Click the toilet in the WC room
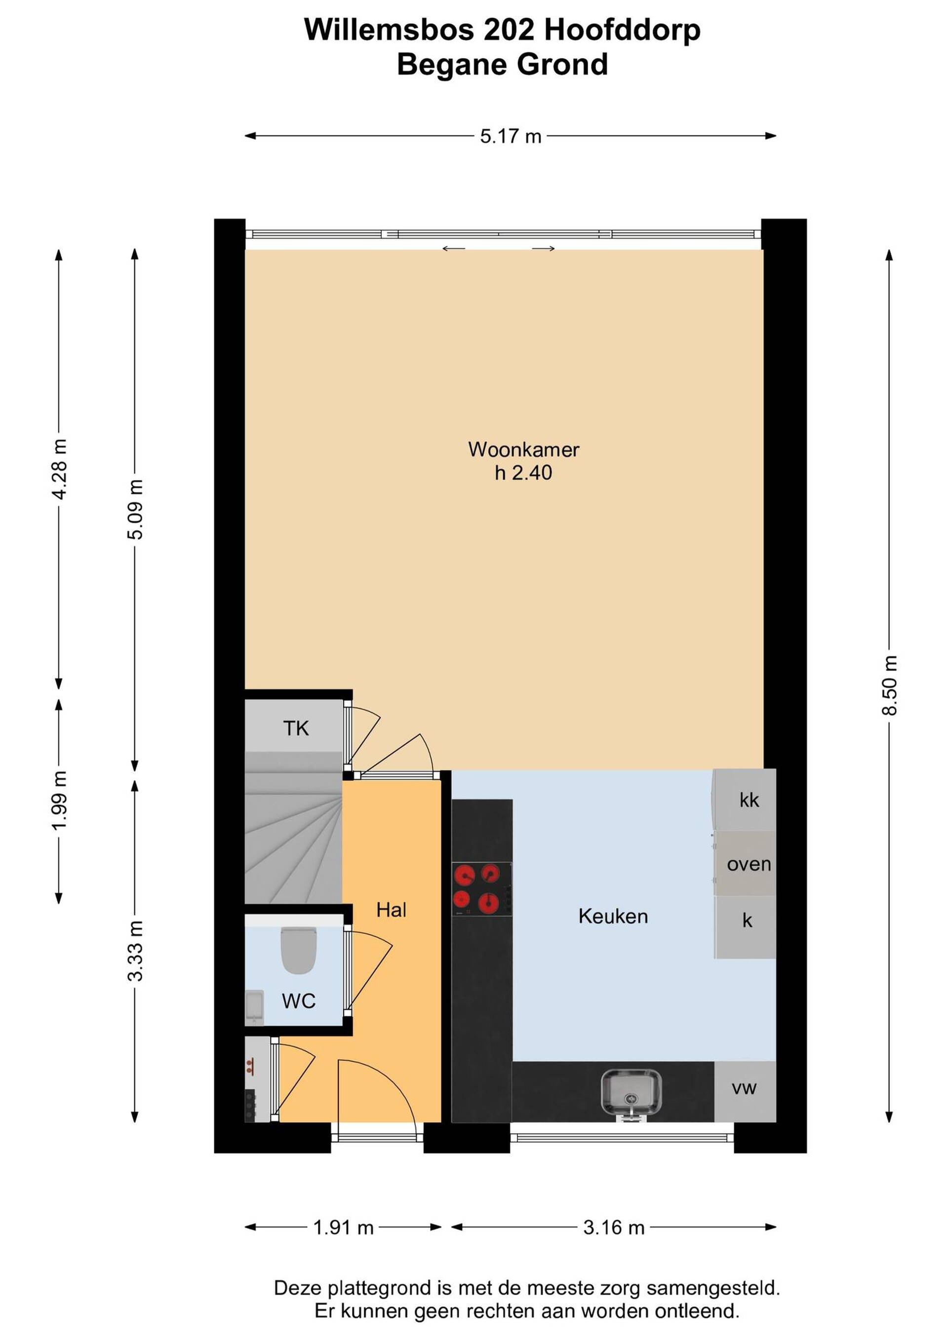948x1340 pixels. click(x=299, y=951)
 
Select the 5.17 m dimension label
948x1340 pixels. click(x=510, y=137)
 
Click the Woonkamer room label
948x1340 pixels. click(x=523, y=450)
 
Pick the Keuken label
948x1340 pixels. click(x=613, y=917)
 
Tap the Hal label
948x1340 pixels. click(x=391, y=910)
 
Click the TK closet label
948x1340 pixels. click(x=296, y=728)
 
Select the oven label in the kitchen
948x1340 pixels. click(x=749, y=864)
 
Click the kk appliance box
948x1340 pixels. click(x=746, y=800)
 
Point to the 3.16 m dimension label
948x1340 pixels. click(x=614, y=1228)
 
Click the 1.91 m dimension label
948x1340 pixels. click(x=343, y=1228)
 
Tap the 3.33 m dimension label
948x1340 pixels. click(x=135, y=951)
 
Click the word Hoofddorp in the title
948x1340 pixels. click(x=622, y=30)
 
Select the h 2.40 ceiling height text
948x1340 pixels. click(x=523, y=473)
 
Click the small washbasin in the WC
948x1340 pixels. click(x=254, y=1007)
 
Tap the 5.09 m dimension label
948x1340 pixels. click(x=135, y=509)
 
